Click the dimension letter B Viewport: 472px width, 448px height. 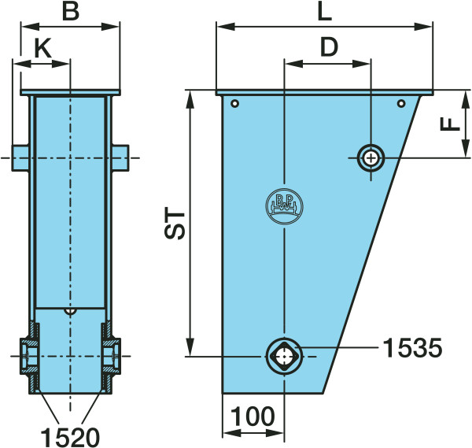coord(71,12)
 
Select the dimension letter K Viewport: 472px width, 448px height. coord(43,48)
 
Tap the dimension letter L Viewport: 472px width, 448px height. coord(325,13)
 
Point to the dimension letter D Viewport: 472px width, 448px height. coord(329,47)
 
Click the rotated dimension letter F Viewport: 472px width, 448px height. coord(450,124)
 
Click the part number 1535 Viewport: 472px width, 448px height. coord(412,348)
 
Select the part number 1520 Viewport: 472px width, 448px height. coord(70,438)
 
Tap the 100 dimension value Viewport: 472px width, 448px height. coord(253,416)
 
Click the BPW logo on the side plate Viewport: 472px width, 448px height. coord(284,206)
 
